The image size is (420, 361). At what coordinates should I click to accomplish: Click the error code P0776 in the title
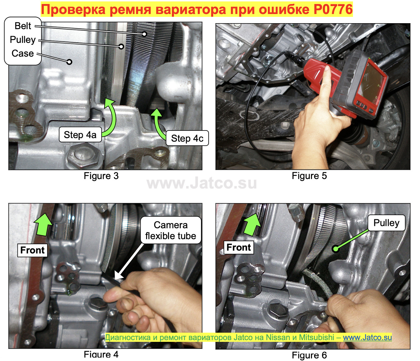[333, 9]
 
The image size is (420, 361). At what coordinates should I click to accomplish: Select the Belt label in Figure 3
[23, 26]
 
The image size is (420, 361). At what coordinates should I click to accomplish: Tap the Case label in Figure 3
[23, 53]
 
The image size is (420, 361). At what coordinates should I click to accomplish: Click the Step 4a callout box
[80, 135]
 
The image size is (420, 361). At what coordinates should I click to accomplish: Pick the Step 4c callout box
[187, 138]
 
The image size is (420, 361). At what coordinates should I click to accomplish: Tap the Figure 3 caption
[101, 176]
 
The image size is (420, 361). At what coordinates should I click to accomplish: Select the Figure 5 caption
[309, 176]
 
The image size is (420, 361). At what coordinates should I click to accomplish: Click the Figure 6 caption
[309, 355]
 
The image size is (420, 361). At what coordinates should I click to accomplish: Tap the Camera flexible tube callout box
[171, 230]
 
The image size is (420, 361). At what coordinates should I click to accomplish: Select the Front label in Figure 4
[32, 250]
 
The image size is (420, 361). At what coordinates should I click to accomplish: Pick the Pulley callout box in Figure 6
[386, 223]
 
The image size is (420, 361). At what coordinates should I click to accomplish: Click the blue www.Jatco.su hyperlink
[367, 338]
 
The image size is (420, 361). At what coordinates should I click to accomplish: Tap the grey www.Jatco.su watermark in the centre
[202, 183]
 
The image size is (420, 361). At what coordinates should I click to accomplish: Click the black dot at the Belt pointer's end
[145, 34]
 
